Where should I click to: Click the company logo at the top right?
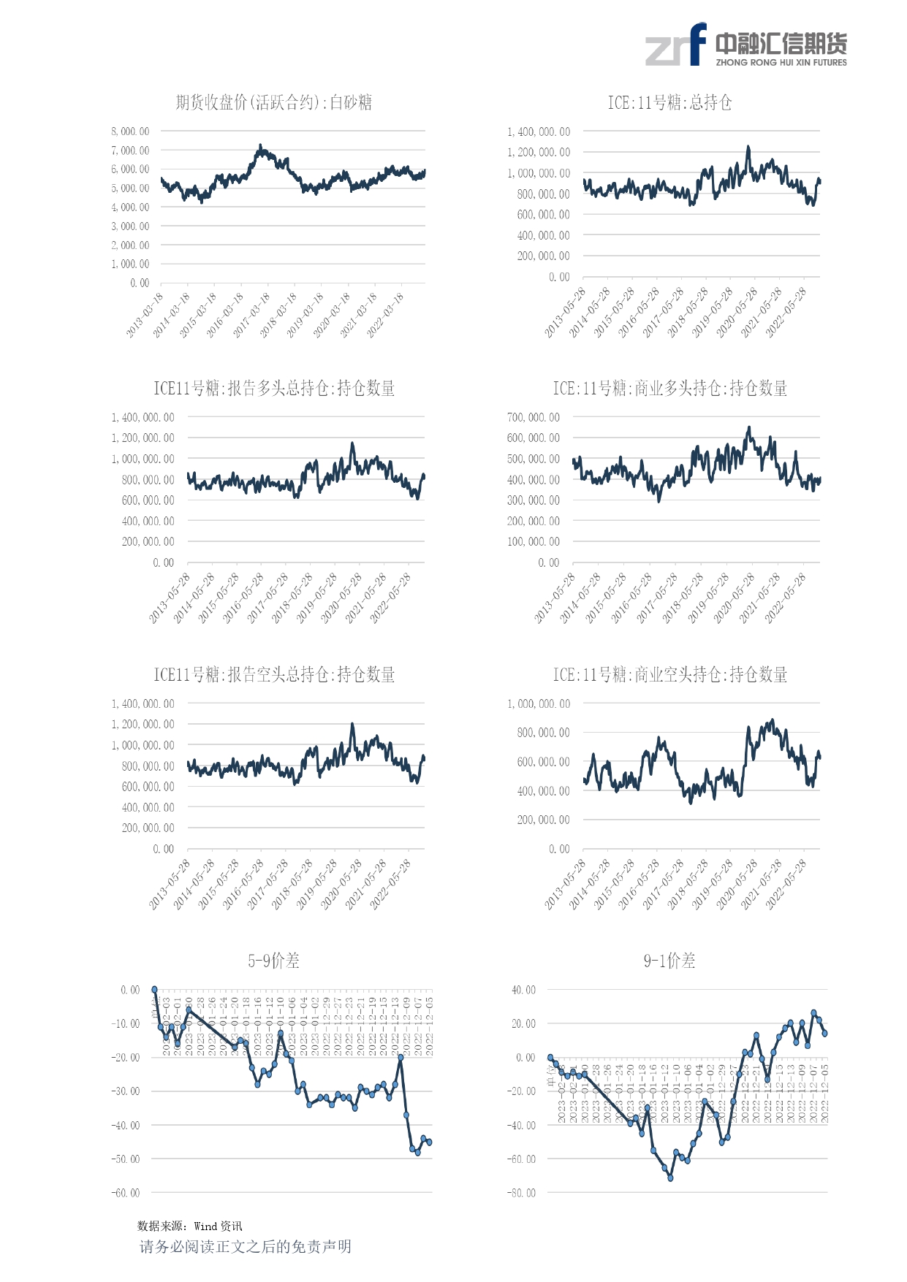(x=745, y=45)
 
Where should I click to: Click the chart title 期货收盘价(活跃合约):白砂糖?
(x=274, y=102)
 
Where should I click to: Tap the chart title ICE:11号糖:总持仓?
(x=669, y=102)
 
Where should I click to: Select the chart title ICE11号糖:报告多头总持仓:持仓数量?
(x=274, y=389)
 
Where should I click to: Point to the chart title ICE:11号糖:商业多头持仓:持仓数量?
(x=669, y=389)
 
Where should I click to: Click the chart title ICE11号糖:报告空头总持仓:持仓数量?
(x=274, y=675)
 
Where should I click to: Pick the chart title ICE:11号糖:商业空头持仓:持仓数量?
(x=669, y=675)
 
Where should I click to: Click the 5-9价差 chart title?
(x=274, y=961)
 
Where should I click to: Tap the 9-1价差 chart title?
(x=669, y=961)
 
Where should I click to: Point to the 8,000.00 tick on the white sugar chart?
(x=130, y=131)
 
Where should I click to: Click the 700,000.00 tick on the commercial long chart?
(x=533, y=418)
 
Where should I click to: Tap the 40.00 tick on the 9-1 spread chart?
(x=523, y=990)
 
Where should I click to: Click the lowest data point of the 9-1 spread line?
(x=670, y=1178)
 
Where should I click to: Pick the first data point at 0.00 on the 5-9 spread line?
(x=154, y=990)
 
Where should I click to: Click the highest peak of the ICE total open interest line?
(x=748, y=147)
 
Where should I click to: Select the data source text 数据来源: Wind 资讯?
(x=190, y=1226)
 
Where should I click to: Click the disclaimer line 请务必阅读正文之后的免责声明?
(x=246, y=1247)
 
